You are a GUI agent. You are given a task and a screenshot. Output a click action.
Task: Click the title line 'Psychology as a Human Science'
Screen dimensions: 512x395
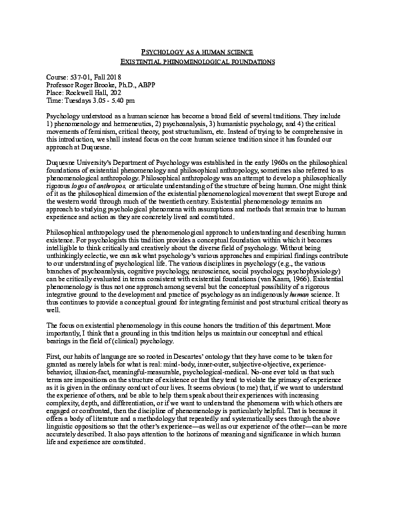pyautogui.click(x=197, y=51)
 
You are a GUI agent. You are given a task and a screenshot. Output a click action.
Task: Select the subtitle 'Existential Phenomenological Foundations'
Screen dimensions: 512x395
pyautogui.click(x=197, y=61)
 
